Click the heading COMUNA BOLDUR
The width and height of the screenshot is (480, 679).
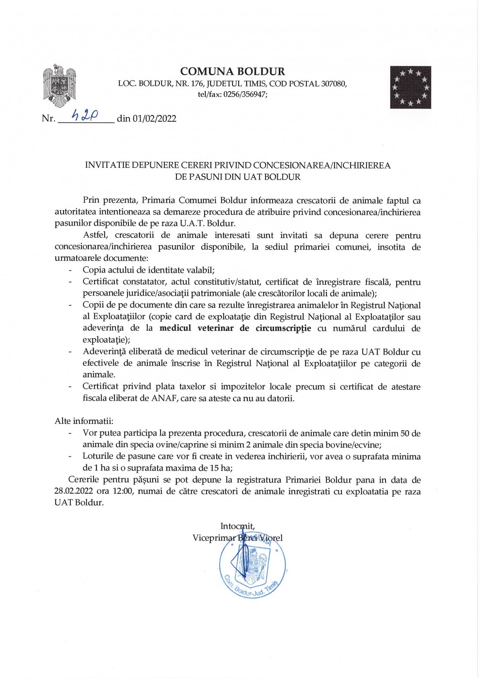click(232, 72)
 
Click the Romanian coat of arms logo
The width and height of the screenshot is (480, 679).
click(59, 85)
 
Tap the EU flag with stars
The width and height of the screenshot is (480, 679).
click(410, 87)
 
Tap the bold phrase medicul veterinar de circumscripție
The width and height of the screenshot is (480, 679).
click(235, 328)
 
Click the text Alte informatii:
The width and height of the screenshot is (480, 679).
click(84, 421)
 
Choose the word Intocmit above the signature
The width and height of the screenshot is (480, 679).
click(237, 526)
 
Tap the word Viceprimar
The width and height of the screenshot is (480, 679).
click(214, 538)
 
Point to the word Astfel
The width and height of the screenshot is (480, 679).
click(96, 235)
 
